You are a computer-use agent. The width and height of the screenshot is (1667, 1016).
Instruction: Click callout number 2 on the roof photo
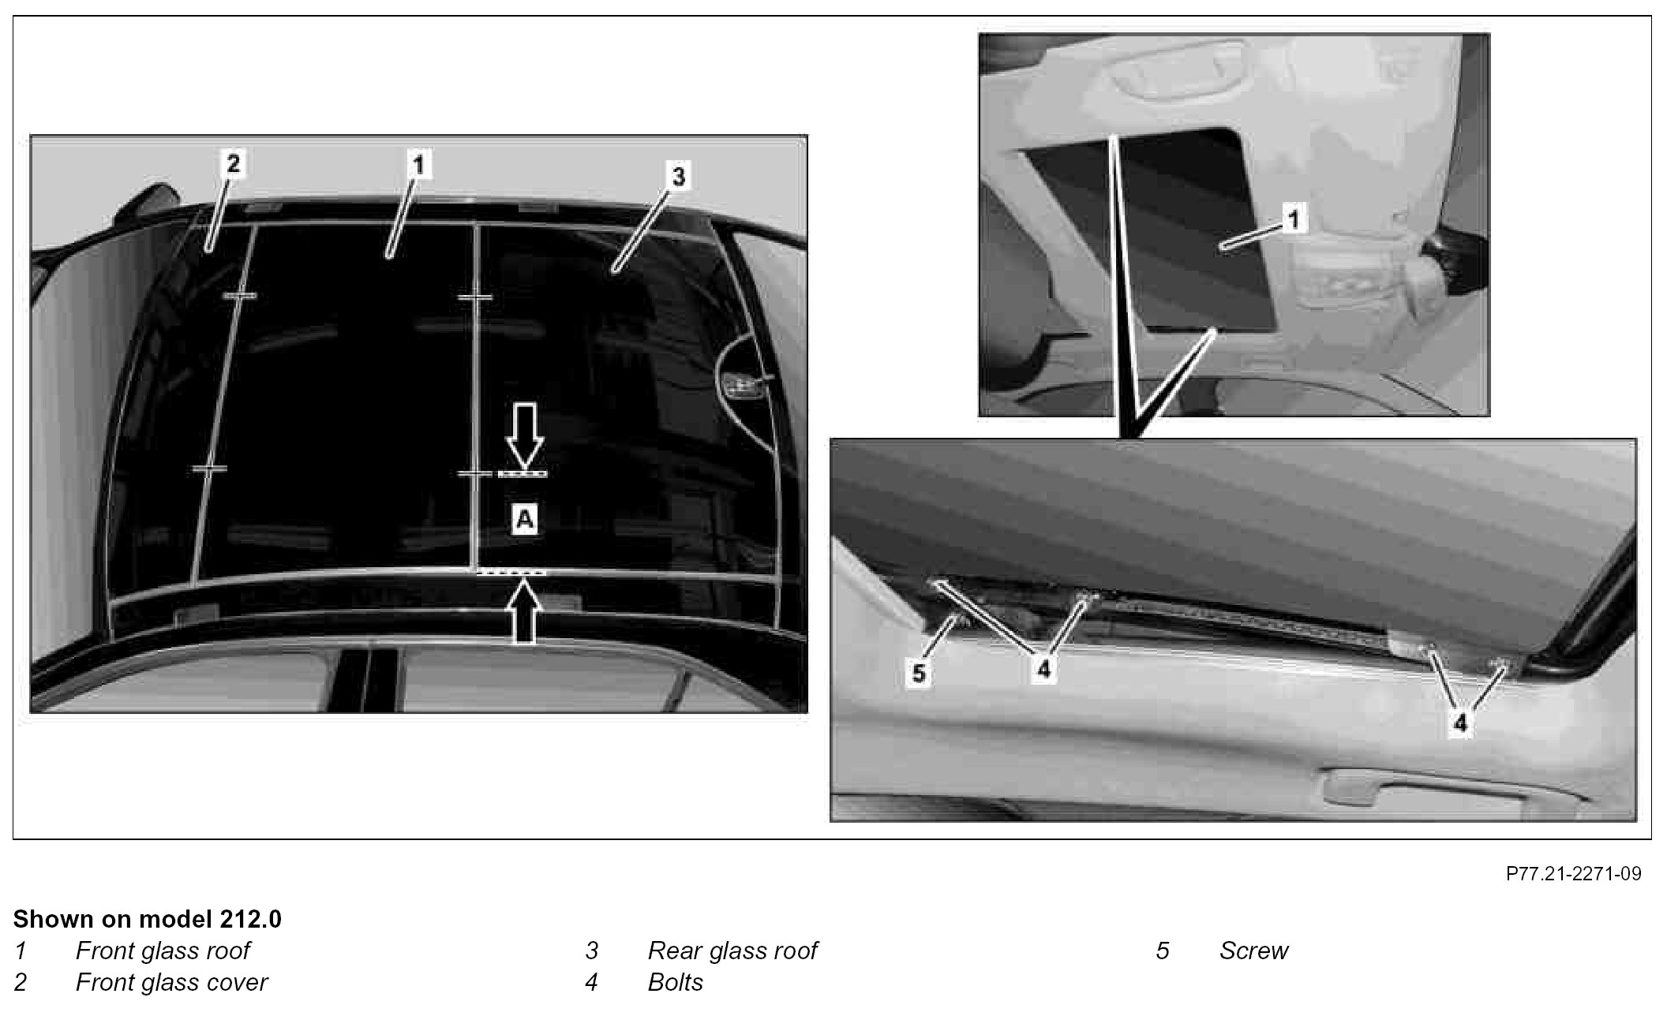tap(234, 164)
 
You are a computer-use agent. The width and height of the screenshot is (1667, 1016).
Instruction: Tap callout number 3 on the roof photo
tap(679, 177)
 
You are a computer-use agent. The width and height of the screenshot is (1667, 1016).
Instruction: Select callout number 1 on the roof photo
tap(419, 165)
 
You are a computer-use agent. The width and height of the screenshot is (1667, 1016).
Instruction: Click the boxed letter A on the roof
tap(525, 520)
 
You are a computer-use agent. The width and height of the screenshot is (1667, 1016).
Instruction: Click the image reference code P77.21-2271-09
tap(1574, 873)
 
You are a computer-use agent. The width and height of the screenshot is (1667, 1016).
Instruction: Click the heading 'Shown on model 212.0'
tap(147, 919)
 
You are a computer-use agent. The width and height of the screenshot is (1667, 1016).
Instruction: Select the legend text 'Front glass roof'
tap(163, 951)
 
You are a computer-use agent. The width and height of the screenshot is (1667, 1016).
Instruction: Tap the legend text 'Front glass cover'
tap(171, 982)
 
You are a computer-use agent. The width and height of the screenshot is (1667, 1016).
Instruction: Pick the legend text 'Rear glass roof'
tap(732, 951)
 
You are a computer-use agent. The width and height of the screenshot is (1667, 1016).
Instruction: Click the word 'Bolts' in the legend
tap(676, 982)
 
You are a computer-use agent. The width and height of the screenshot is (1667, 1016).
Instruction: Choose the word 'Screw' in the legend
tap(1253, 951)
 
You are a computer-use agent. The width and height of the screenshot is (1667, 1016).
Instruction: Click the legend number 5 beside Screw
tap(1163, 951)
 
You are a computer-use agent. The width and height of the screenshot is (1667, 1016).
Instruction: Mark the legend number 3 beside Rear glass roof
tap(592, 951)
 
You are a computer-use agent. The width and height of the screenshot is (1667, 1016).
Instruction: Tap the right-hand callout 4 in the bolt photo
tap(1460, 723)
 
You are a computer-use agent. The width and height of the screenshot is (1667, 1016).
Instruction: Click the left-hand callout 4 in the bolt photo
tap(1043, 670)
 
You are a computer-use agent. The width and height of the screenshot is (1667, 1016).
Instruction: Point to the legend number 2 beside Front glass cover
tap(21, 982)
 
